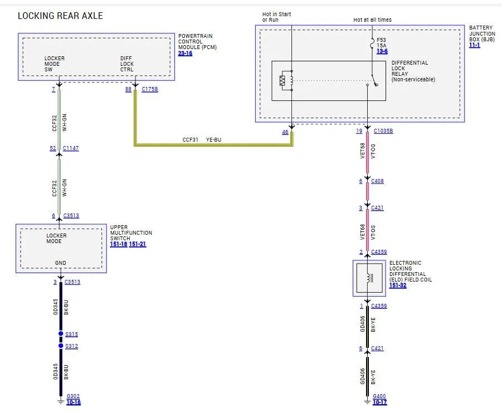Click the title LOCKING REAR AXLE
(x=60, y=16)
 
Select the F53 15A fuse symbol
(x=372, y=43)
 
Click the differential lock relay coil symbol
(x=286, y=81)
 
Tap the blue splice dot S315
(x=61, y=334)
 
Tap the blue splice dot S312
(x=61, y=346)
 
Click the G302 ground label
(x=73, y=396)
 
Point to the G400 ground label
(x=379, y=396)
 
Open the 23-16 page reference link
(x=185, y=53)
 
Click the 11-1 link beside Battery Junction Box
(x=475, y=45)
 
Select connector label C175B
(x=150, y=89)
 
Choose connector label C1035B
(x=383, y=131)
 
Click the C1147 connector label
(x=71, y=148)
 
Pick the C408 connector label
(x=377, y=181)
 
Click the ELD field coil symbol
(x=369, y=278)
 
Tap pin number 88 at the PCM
(x=128, y=89)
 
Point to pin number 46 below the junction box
(x=285, y=132)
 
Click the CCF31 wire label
(x=191, y=140)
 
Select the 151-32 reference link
(x=398, y=285)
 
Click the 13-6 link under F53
(x=382, y=51)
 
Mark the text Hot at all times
(x=372, y=20)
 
